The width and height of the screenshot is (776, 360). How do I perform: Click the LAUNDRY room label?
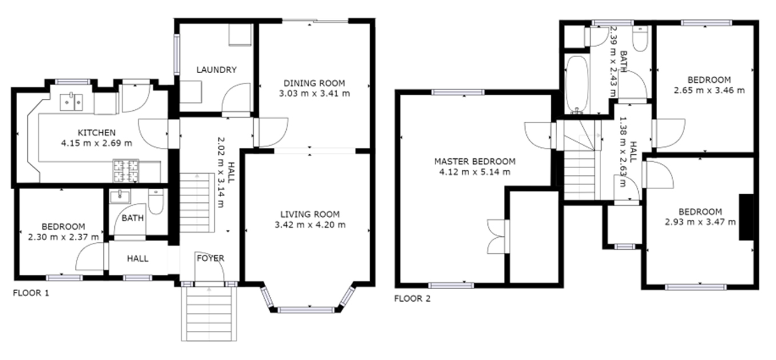click(x=217, y=70)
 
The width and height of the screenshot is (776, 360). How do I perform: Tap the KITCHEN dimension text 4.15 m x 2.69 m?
click(x=97, y=143)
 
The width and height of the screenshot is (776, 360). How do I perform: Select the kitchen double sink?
click(x=71, y=102)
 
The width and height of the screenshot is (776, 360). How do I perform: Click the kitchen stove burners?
click(x=126, y=171)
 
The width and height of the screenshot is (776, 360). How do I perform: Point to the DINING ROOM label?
click(x=314, y=83)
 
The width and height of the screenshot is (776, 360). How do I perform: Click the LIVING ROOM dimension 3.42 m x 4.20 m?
click(x=310, y=225)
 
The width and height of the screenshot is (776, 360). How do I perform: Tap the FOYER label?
click(x=211, y=258)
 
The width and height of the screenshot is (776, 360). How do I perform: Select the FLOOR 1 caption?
click(x=31, y=293)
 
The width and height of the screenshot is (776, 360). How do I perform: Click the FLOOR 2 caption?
click(x=412, y=299)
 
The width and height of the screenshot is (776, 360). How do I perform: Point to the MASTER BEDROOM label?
click(x=475, y=162)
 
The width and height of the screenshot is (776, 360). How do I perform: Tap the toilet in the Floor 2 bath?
click(x=640, y=39)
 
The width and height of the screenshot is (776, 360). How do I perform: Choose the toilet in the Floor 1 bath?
click(x=156, y=201)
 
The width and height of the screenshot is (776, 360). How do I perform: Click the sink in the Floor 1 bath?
click(x=120, y=197)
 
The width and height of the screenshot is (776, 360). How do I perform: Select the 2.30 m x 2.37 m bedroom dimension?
click(x=63, y=237)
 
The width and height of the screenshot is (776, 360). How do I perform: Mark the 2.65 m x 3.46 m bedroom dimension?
click(x=709, y=90)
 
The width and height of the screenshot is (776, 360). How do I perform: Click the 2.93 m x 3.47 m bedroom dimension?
click(x=700, y=222)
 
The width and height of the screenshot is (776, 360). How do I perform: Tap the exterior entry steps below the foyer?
click(x=209, y=314)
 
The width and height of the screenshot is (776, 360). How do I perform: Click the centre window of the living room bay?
click(x=306, y=310)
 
